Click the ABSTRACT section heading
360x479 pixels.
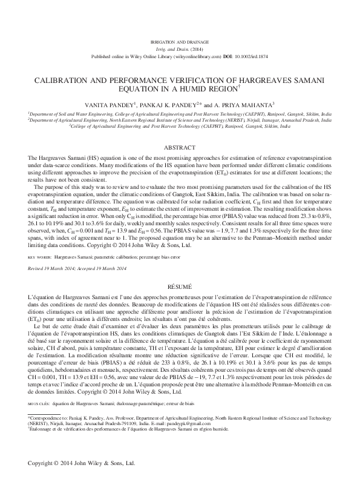180,147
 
